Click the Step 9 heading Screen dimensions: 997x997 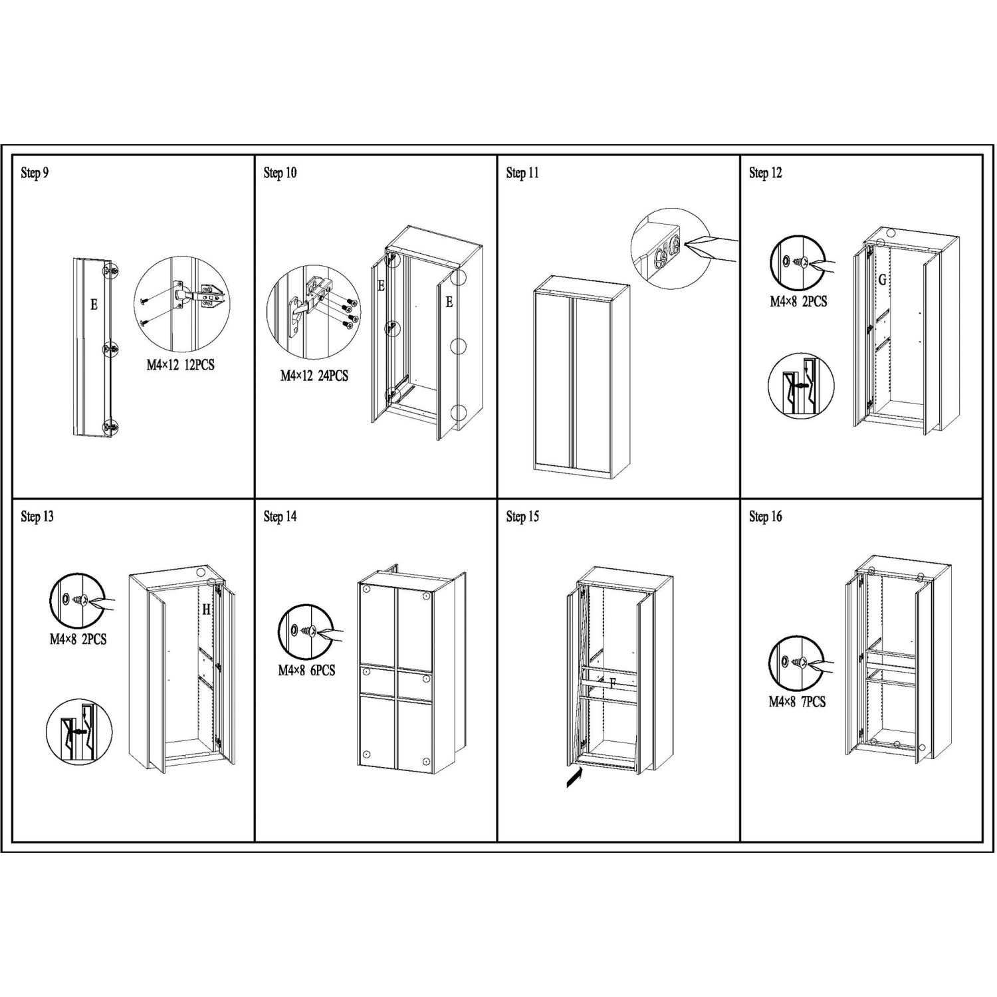coord(35,173)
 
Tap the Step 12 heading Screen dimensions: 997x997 coord(765,173)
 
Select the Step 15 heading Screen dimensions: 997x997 coord(522,516)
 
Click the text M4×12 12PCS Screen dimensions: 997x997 coord(180,365)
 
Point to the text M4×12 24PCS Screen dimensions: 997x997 coord(314,376)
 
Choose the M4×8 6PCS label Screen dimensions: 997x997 coord(306,671)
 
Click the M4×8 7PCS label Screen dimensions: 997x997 coord(797,702)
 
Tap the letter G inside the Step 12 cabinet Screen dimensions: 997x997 coord(883,280)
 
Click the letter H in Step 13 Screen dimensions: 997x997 coord(206,609)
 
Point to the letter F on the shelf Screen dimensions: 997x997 coord(613,683)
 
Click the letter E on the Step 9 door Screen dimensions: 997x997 coord(94,305)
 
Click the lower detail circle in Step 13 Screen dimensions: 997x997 coord(79,732)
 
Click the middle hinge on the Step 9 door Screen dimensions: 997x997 coord(110,348)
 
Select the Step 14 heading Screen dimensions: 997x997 coord(280,516)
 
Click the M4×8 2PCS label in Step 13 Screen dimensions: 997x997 coord(78,639)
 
